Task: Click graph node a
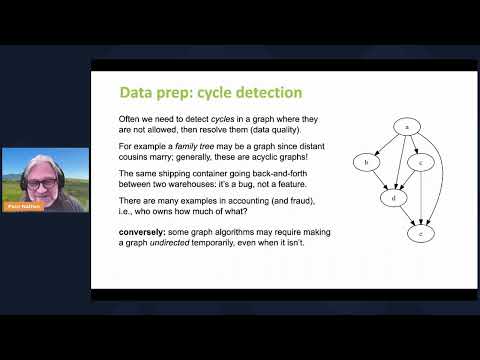click(406, 126)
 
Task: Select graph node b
click(367, 162)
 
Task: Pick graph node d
click(394, 198)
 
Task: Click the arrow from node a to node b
click(385, 144)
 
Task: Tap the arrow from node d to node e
click(407, 216)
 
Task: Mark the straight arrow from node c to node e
click(421, 198)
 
